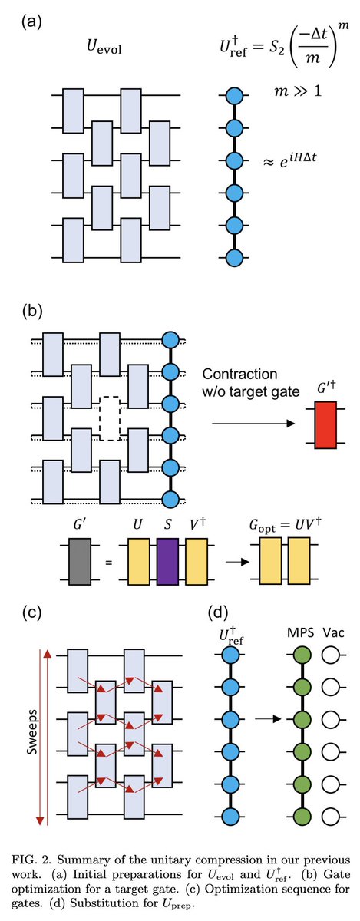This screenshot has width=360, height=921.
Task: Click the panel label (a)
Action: pos(31,21)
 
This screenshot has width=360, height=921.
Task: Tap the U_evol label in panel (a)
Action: pos(104,47)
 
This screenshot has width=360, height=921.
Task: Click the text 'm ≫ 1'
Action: pos(298,91)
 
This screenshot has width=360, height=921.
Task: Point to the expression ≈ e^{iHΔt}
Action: pos(290,160)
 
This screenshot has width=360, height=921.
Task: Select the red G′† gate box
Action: pos(326,425)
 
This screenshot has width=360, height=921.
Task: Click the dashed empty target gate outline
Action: pos(110,418)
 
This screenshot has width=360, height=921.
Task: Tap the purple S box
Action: pos(167,562)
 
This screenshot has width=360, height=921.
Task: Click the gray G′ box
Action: pos(80,562)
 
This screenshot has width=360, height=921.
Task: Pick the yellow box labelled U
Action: pos(139,562)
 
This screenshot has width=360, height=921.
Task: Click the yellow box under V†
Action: pos(197,562)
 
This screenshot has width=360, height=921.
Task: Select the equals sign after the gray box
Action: pos(109,562)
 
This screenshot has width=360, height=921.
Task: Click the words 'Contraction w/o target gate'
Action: pos(250,382)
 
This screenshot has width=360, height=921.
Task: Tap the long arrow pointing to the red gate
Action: pos(253,423)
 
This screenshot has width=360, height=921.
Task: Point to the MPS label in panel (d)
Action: pos(300,632)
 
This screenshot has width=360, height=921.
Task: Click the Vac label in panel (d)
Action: pos(333,632)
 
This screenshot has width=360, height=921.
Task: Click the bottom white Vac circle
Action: pos(331,816)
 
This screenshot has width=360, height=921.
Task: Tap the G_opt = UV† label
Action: pos(285,525)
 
